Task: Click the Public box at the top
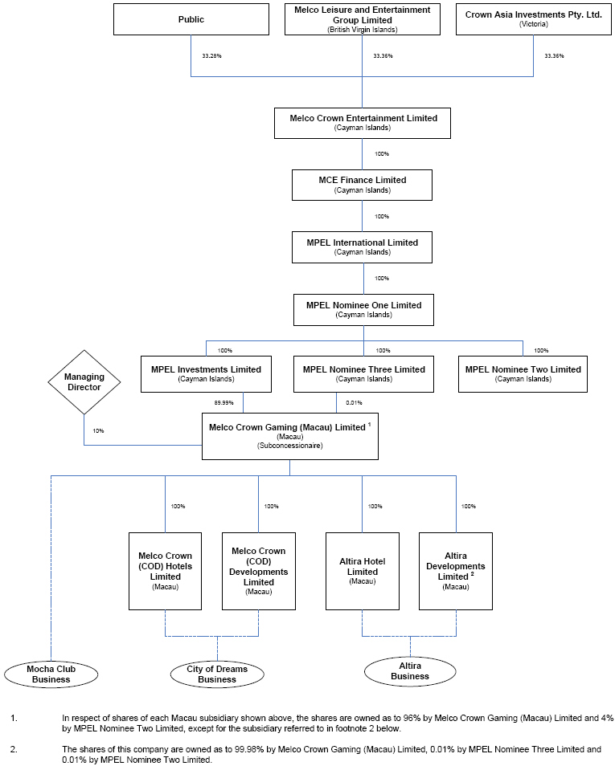(x=191, y=19)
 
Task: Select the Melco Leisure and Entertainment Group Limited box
(x=363, y=19)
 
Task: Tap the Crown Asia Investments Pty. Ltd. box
(x=533, y=19)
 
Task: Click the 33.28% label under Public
(x=211, y=56)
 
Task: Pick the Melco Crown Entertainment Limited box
(x=363, y=123)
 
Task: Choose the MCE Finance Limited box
(x=363, y=185)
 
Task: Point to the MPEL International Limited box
(x=363, y=247)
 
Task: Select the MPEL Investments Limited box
(x=206, y=373)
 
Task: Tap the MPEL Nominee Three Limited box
(x=363, y=373)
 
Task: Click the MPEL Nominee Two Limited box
(x=523, y=373)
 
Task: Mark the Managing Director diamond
(x=84, y=381)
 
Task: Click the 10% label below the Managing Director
(x=98, y=431)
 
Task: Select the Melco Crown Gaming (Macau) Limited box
(x=289, y=436)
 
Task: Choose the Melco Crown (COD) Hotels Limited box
(x=165, y=570)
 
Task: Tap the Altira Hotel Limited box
(x=362, y=570)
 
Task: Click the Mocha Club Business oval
(x=51, y=674)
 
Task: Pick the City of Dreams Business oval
(x=217, y=674)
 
